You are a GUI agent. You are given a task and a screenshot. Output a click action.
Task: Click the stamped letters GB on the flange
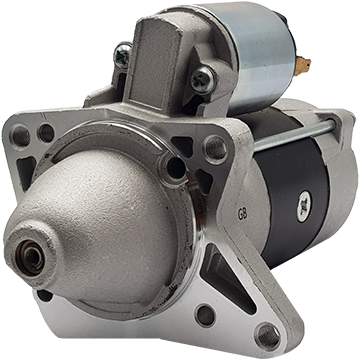click(242, 215)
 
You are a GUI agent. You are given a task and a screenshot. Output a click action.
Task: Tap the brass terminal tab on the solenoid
click(303, 65)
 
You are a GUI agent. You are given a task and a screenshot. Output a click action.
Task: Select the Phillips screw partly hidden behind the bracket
click(123, 55)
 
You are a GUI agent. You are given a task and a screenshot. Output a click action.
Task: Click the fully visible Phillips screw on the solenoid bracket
click(203, 79)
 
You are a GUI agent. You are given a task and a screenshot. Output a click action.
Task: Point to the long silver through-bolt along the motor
click(294, 134)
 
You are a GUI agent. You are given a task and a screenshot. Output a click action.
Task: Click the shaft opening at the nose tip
click(30, 257)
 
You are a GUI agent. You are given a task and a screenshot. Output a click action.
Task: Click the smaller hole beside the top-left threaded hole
click(46, 133)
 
